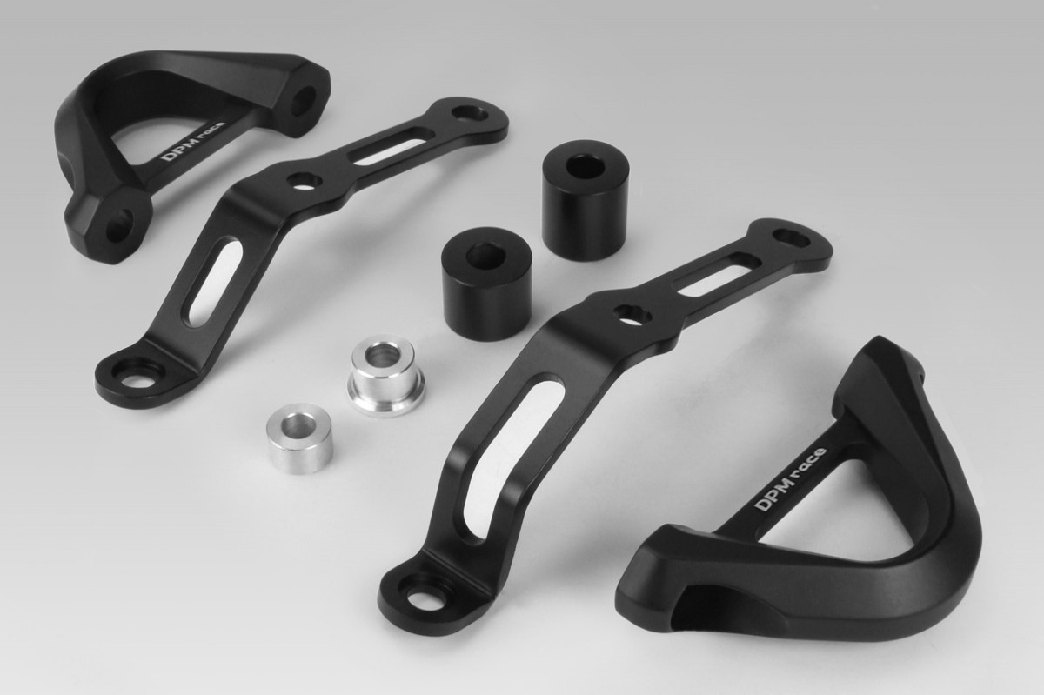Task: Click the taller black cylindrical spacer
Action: tap(586, 201)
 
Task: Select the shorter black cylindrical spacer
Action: tap(487, 284)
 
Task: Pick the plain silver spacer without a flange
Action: tap(299, 438)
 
